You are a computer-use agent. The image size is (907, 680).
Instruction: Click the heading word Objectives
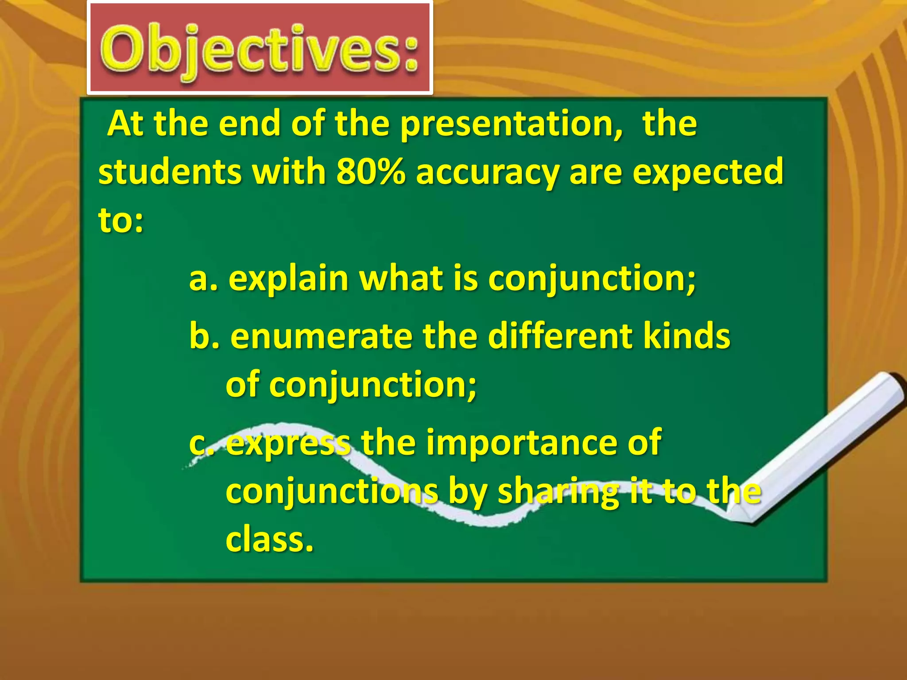coord(259,50)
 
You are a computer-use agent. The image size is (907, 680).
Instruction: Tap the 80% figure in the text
coord(370,172)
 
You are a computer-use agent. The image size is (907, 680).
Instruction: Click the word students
coord(170,172)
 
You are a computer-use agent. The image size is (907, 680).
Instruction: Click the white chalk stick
coord(819,447)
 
